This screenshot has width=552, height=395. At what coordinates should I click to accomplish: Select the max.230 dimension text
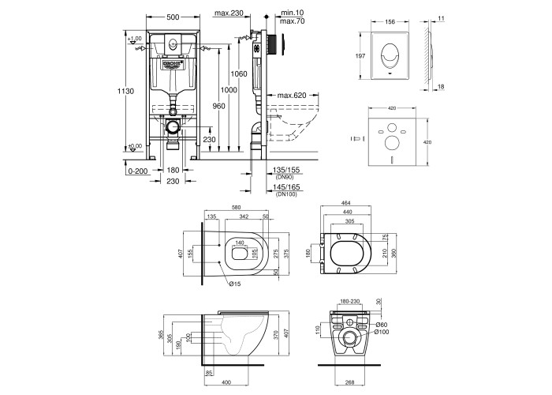click(229, 13)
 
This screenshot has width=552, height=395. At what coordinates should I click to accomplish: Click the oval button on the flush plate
click(390, 55)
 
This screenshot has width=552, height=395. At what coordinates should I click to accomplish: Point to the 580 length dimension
click(236, 208)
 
